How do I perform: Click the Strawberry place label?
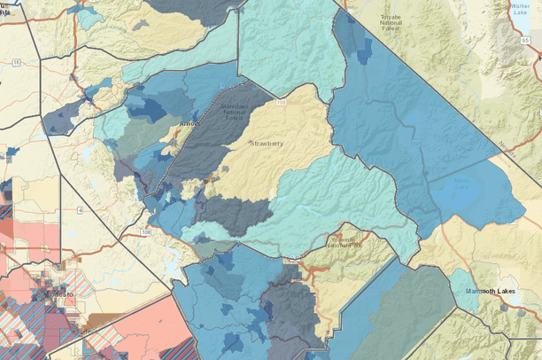[x=267, y=143]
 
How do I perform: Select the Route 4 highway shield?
[x=79, y=210]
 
